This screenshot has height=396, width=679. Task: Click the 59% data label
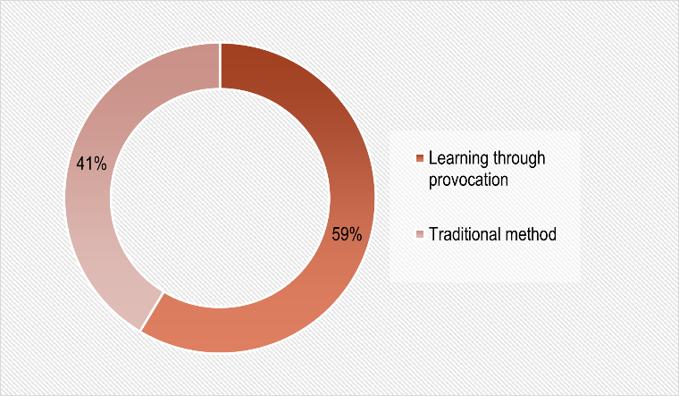(x=347, y=234)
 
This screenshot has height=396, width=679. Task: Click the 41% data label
(x=91, y=164)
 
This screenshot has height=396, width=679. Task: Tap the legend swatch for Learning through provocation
(x=419, y=158)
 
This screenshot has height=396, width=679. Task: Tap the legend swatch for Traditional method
(x=419, y=234)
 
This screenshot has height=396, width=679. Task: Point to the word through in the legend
(x=519, y=158)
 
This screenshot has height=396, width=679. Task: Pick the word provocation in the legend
(x=468, y=180)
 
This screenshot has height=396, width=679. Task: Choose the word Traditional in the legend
(x=465, y=234)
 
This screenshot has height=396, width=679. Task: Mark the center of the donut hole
(x=220, y=198)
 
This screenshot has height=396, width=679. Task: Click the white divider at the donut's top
(x=221, y=66)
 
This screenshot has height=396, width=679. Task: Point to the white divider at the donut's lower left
(x=152, y=311)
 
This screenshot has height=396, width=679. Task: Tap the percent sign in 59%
(x=356, y=234)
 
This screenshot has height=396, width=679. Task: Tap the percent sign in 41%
(x=100, y=164)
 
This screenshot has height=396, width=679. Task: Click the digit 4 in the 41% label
(x=80, y=164)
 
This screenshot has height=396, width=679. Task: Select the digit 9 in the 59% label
(x=344, y=234)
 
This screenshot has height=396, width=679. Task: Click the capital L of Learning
(x=432, y=158)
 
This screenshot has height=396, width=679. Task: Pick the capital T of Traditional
(x=433, y=234)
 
